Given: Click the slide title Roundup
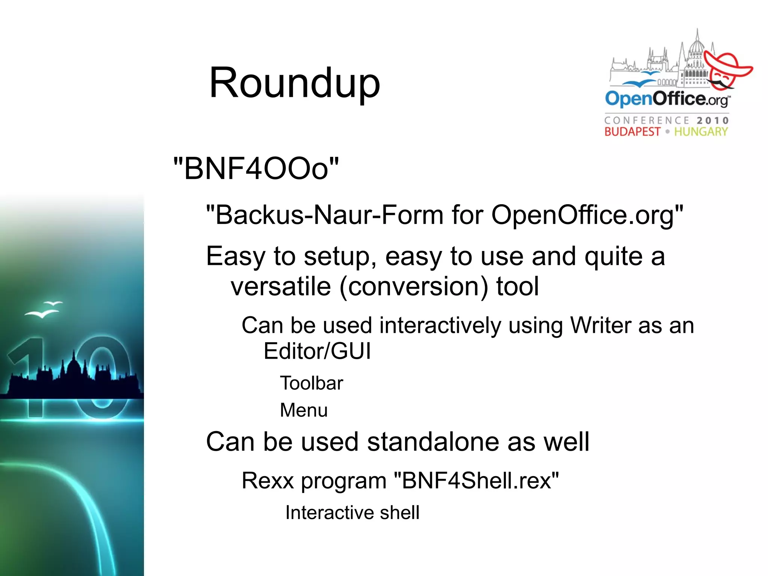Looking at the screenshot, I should click(295, 83).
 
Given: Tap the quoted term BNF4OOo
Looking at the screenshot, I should click(256, 168).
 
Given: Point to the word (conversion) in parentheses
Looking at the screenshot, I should click(414, 287).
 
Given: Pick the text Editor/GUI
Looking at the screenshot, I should click(317, 351).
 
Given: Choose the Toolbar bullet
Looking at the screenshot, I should click(312, 383).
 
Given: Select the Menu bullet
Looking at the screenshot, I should click(304, 410).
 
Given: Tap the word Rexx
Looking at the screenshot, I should click(267, 480).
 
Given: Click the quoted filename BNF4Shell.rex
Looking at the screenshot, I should click(476, 480).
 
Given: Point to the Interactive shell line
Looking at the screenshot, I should click(352, 513).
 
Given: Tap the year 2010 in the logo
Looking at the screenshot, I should click(712, 120).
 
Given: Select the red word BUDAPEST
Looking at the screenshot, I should click(632, 132).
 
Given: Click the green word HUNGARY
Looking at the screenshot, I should click(701, 132).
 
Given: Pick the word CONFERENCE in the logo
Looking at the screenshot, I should click(647, 120).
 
